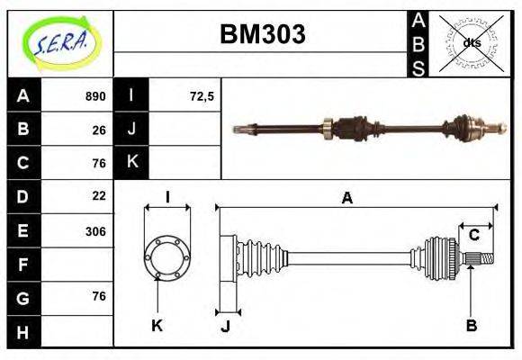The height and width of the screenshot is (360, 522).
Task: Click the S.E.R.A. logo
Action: [59, 42]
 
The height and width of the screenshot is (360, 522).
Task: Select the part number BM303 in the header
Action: [263, 34]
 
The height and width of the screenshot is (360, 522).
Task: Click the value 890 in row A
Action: [95, 96]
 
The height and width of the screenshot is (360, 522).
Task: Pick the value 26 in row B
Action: [99, 130]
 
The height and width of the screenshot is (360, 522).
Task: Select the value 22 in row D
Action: [99, 195]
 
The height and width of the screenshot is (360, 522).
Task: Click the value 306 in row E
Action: [95, 231]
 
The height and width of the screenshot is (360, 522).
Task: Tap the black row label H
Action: [23, 331]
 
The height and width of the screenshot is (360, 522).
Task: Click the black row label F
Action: [23, 265]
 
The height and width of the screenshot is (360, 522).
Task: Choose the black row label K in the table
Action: [131, 163]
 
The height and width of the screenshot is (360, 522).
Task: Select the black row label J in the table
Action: [131, 130]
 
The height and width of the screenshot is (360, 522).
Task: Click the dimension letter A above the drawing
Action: [346, 199]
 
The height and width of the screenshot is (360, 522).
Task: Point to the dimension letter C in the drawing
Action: [473, 236]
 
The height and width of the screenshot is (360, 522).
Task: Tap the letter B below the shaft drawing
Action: [471, 325]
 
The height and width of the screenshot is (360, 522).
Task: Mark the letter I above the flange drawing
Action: [167, 198]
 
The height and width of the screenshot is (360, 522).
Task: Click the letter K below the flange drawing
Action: [157, 325]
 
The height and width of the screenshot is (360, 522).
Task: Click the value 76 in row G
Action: [99, 296]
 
